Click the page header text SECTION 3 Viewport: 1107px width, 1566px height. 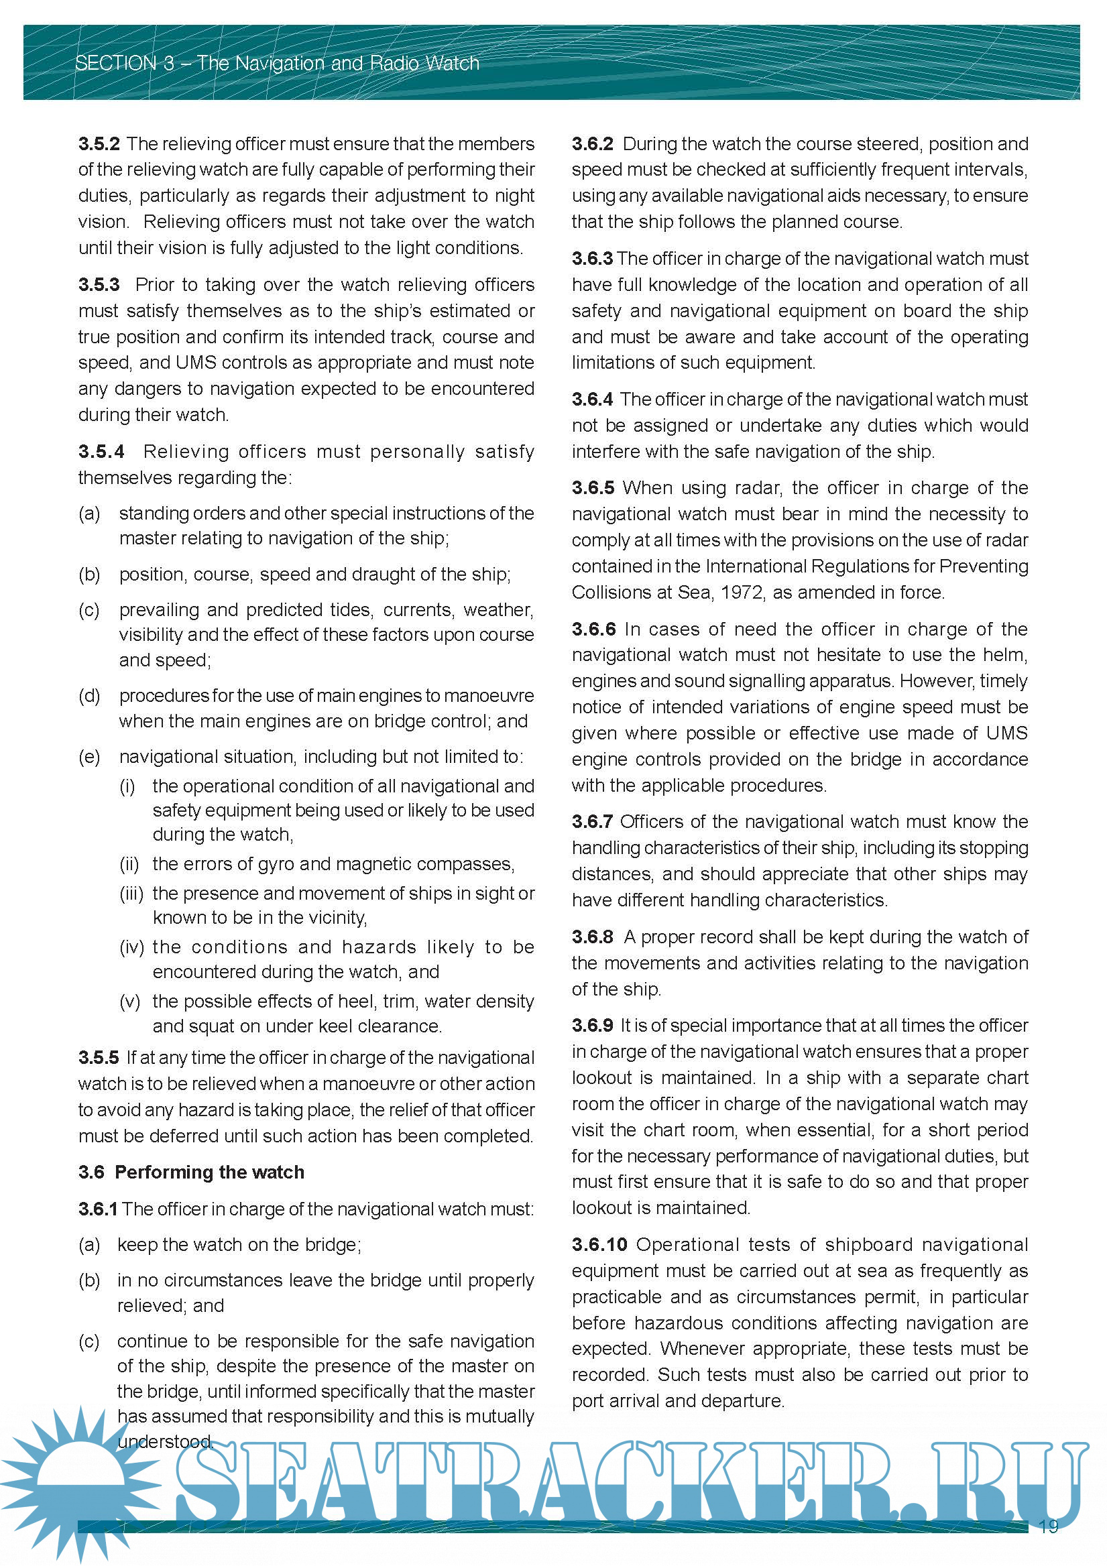click(125, 64)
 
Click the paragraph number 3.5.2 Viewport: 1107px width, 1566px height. click(99, 144)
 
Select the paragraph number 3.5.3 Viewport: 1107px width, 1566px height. click(99, 284)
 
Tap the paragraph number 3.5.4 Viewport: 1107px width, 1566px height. click(101, 452)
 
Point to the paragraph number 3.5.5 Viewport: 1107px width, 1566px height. click(99, 1058)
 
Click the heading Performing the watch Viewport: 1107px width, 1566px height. click(209, 1172)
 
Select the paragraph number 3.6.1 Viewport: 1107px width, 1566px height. click(97, 1209)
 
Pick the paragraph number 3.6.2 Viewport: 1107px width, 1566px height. click(592, 144)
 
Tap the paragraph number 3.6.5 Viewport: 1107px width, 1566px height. click(592, 487)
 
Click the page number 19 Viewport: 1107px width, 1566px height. click(1049, 1526)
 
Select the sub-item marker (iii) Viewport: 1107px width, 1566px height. click(131, 894)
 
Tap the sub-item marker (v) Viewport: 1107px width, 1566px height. click(129, 1002)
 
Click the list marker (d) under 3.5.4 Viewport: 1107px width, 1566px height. click(89, 696)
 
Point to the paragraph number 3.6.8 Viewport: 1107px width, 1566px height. click(592, 937)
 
